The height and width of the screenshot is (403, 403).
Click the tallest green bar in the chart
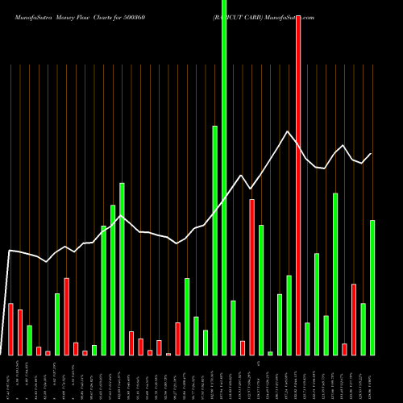(224, 177)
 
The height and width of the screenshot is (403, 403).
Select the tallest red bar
(298, 185)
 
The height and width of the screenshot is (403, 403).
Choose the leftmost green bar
(29, 340)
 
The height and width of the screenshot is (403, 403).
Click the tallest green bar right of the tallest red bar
(335, 274)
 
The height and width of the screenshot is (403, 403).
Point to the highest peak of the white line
(287, 131)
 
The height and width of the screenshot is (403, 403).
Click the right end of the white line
(372, 153)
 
